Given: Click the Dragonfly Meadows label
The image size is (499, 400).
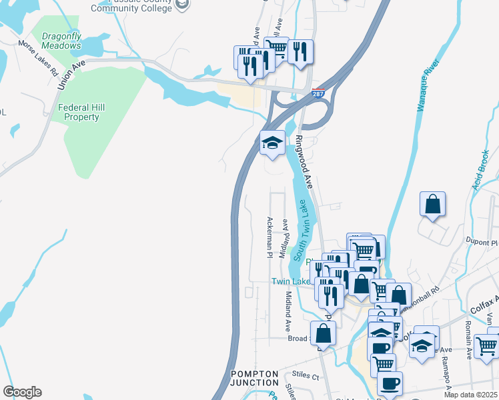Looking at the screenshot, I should [x=61, y=40].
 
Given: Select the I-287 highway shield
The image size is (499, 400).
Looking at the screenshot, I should [x=319, y=95].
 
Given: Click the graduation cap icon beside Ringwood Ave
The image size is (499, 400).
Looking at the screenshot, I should [x=272, y=143].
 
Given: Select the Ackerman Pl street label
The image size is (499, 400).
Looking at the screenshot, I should [x=270, y=237].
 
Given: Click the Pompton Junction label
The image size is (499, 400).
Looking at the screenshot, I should [x=254, y=378].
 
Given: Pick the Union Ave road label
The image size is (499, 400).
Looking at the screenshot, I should [x=71, y=73].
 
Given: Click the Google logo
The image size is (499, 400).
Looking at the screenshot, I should [x=22, y=392].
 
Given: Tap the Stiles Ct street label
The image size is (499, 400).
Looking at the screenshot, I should [x=306, y=376].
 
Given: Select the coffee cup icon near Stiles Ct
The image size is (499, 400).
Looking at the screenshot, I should [x=390, y=383].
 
